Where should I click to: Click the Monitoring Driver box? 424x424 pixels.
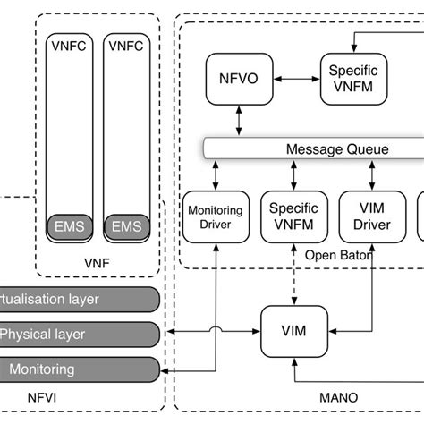tap(214, 217)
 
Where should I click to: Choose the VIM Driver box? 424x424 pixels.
tap(369, 217)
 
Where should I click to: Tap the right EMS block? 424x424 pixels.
tap(126, 226)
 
